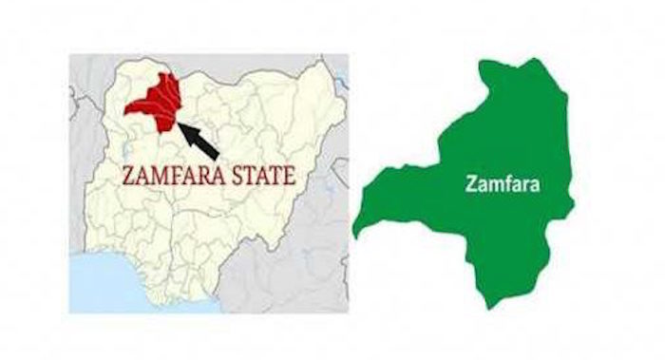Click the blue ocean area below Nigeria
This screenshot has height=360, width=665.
point(114,285)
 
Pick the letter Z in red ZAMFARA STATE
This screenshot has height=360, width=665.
point(131,176)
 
